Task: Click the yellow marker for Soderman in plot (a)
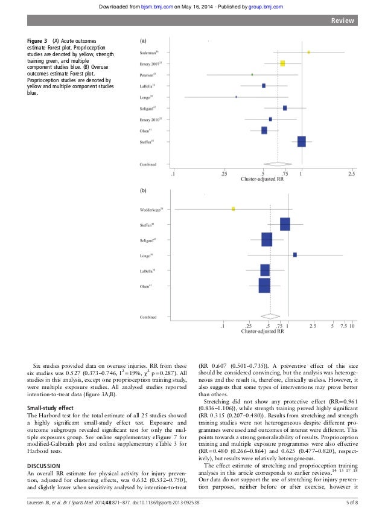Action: click(x=308, y=53)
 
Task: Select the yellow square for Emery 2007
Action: click(x=282, y=63)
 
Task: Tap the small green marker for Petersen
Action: click(x=252, y=74)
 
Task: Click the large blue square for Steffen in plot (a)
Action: click(x=301, y=141)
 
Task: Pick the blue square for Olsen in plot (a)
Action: click(x=264, y=130)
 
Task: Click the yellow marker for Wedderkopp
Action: click(x=233, y=208)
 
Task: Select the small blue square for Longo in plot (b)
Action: click(x=294, y=255)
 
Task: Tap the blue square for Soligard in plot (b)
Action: click(x=267, y=240)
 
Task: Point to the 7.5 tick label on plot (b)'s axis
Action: click(x=342, y=326)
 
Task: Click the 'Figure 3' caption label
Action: click(x=39, y=40)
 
